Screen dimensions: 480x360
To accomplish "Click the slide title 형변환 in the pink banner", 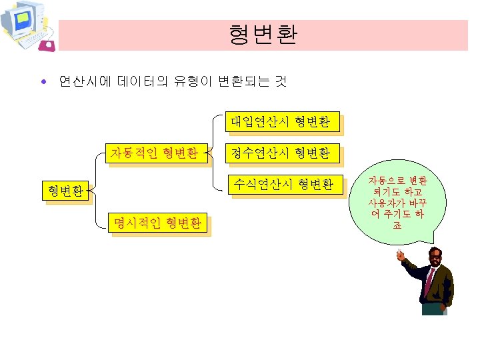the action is tap(262, 34).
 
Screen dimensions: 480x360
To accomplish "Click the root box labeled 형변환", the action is tap(65, 191).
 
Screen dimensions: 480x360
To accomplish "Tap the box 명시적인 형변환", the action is tap(157, 223).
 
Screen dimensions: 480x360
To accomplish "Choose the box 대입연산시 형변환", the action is tap(281, 121).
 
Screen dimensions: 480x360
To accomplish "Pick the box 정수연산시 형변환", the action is tap(281, 153).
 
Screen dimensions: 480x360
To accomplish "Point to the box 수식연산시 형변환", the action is tap(281, 185).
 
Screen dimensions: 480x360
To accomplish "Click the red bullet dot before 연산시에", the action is tap(43, 83).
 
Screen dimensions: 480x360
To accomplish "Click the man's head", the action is tap(435, 257).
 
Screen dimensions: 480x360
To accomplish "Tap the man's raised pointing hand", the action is tap(400, 255).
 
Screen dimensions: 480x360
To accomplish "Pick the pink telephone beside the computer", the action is tap(48, 45).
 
